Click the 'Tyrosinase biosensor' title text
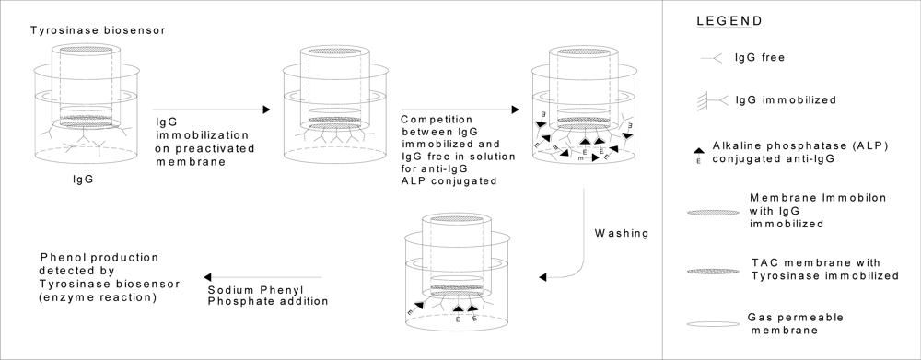click(98, 30)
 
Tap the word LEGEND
click(729, 21)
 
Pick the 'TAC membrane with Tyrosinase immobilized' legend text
click(824, 269)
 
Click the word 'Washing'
click(622, 234)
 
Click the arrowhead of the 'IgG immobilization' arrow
click(267, 110)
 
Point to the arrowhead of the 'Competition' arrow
click(516, 110)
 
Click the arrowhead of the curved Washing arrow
click(542, 277)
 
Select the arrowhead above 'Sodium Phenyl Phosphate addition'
click(207, 277)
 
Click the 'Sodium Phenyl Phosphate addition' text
click(268, 296)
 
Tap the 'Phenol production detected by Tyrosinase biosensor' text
click(110, 277)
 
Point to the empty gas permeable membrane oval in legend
click(713, 324)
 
